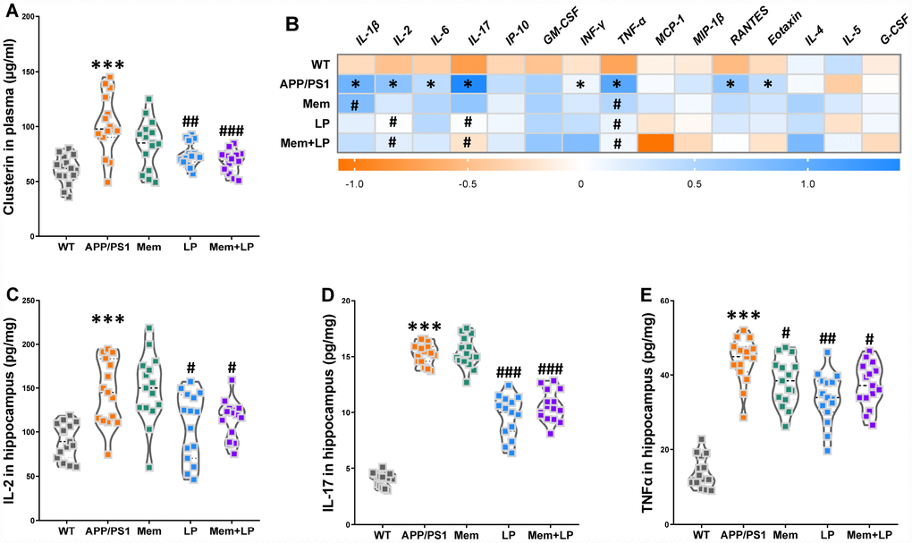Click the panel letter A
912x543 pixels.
tap(12, 11)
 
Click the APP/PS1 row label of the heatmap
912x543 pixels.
tap(312, 83)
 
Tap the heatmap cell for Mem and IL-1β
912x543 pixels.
tap(355, 103)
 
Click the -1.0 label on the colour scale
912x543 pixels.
tap(355, 182)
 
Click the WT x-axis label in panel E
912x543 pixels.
tap(702, 536)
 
